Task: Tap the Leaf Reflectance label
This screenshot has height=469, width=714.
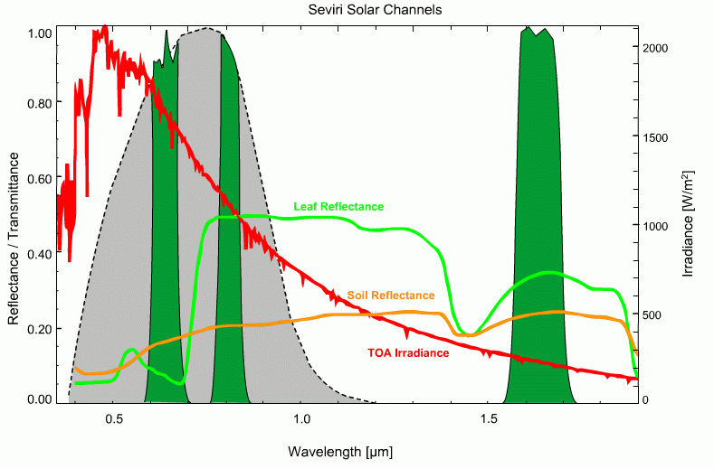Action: [338, 207]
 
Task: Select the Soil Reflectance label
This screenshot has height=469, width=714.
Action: [390, 295]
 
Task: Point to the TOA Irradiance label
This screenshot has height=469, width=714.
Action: [408, 353]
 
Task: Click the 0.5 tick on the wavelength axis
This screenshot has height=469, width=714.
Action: [114, 419]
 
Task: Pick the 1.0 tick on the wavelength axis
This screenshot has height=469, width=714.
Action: [301, 419]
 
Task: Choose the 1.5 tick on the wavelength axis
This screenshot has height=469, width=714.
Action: [489, 419]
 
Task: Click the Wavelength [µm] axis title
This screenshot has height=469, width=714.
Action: [340, 450]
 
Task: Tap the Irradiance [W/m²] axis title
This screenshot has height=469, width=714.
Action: [690, 222]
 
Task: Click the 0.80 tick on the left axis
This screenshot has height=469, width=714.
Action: [39, 103]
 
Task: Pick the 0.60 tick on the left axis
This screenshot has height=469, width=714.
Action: [39, 178]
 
